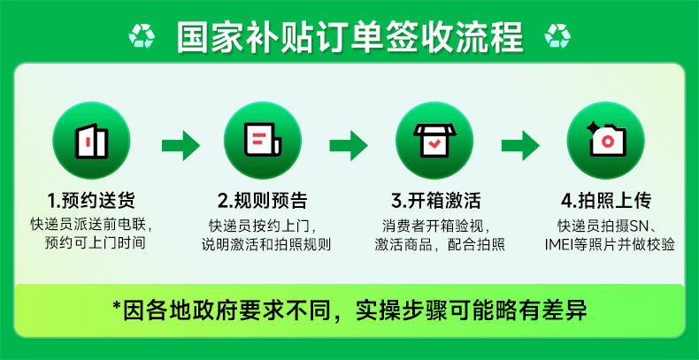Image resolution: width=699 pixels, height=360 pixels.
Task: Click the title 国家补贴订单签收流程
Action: [349, 37]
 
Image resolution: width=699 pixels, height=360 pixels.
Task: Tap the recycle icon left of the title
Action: [142, 36]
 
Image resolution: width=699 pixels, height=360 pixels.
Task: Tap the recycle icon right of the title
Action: [557, 36]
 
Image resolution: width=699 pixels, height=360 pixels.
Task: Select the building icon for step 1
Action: [92, 141]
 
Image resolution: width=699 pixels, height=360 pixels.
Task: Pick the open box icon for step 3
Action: [434, 141]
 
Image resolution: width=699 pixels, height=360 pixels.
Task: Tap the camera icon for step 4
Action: [606, 141]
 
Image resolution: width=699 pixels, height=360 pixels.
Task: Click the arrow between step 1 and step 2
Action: [180, 144]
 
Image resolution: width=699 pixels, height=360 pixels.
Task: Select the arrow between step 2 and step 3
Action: [349, 144]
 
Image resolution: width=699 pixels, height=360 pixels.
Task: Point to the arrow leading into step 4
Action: [520, 144]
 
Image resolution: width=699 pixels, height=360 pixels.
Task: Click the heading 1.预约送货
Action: [92, 199]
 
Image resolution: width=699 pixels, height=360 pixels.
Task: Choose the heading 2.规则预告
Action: [263, 199]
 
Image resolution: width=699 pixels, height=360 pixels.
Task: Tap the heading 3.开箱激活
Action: [434, 199]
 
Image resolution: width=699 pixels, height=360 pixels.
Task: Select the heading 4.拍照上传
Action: [607, 199]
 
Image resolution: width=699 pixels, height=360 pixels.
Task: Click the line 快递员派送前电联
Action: [92, 224]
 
